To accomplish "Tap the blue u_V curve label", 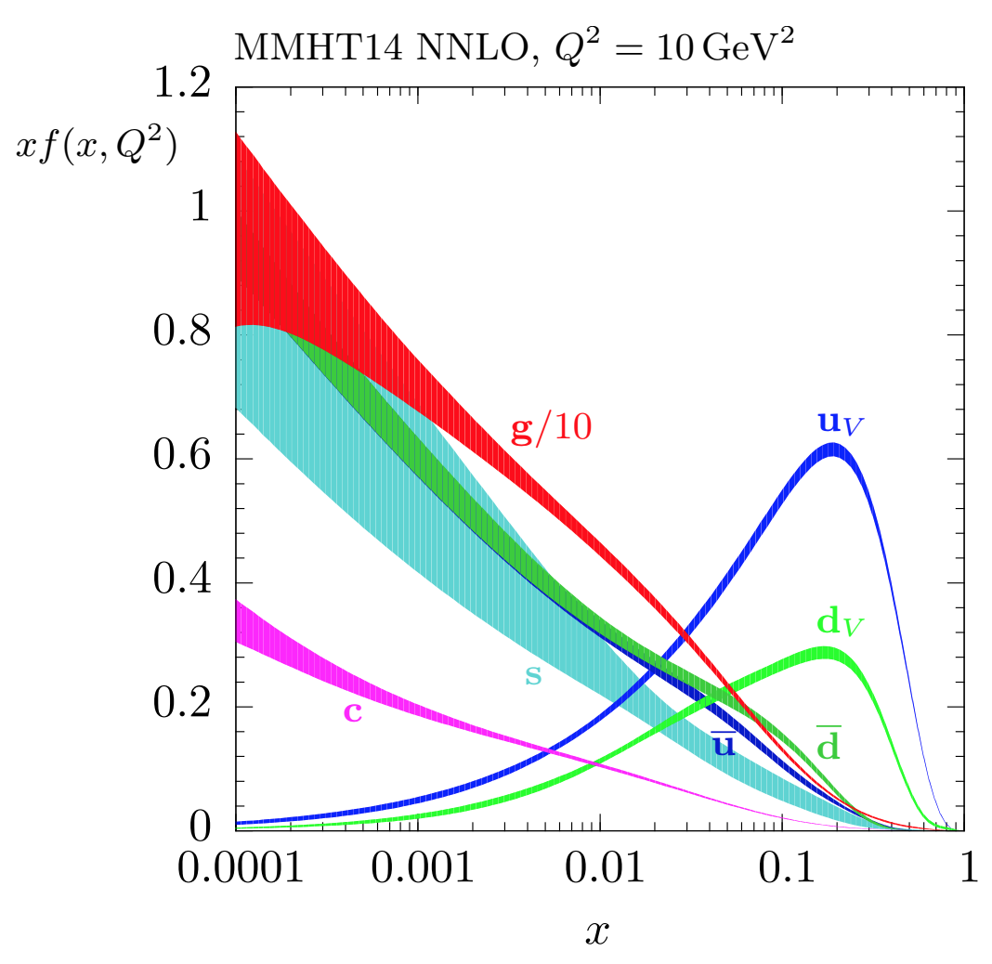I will click(x=842, y=423).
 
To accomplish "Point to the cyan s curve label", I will click(x=533, y=675).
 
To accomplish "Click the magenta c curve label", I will click(x=352, y=711).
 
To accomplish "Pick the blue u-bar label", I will click(x=724, y=744).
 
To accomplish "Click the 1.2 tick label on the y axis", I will click(x=185, y=87).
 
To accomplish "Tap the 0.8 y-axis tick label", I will click(x=185, y=335).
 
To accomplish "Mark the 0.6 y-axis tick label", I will click(x=185, y=459).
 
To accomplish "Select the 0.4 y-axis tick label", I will click(x=185, y=583).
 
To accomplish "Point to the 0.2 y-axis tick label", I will click(x=185, y=707).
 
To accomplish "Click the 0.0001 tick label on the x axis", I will click(x=237, y=869).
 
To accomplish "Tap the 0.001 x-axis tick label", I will click(x=418, y=869).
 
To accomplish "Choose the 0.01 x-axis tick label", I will click(x=600, y=869).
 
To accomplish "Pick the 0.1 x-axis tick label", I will click(x=782, y=869).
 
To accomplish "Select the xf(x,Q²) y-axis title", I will click(x=97, y=147).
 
